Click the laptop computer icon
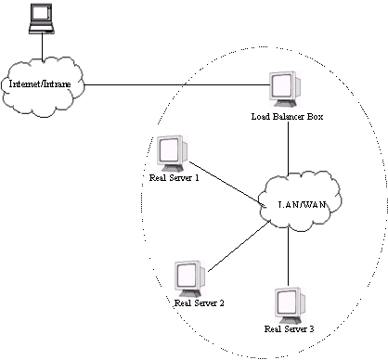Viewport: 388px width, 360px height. pos(42,19)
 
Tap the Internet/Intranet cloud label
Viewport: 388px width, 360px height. pos(40,84)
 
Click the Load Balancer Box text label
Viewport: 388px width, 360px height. pos(287,117)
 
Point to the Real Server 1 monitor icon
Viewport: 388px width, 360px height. pos(173,154)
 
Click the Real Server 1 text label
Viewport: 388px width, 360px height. pos(175,178)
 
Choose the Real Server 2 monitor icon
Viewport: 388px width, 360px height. pos(190,279)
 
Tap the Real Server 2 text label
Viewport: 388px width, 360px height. pos(200,303)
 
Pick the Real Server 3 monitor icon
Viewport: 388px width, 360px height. pos(290,306)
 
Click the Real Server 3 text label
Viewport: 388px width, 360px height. pos(290,329)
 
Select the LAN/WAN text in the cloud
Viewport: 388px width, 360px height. pos(303,205)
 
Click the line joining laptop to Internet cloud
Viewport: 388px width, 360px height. pos(43,46)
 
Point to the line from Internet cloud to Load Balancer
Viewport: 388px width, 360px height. pos(176,84)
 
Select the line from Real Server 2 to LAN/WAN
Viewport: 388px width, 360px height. pos(239,246)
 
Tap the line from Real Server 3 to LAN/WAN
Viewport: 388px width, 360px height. pos(289,257)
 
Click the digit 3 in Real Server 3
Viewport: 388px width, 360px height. pos(312,329)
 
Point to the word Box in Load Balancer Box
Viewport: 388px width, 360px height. pos(316,117)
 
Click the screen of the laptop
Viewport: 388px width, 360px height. pos(41,14)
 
